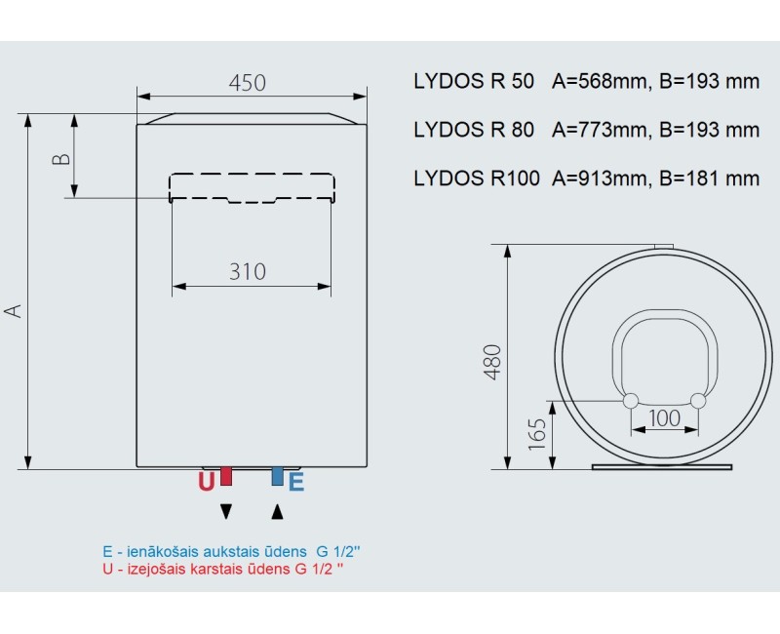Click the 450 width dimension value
pos(248,83)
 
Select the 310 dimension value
pos(248,271)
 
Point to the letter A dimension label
pos(13,310)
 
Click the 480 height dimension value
pos(491,362)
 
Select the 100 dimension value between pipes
pos(664,418)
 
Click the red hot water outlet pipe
pos(226,476)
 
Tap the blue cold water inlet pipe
pos(278,476)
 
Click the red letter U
pos(206,481)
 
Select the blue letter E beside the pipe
pos(296,481)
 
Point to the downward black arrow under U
pos(226,510)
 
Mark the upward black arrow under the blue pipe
pos(278,510)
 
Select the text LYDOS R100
pos(476,178)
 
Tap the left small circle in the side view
pos(630,400)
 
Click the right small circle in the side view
pos(697,400)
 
